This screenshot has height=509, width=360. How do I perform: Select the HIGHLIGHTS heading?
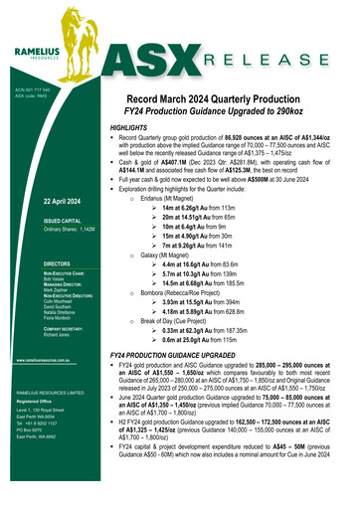tap(131, 129)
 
